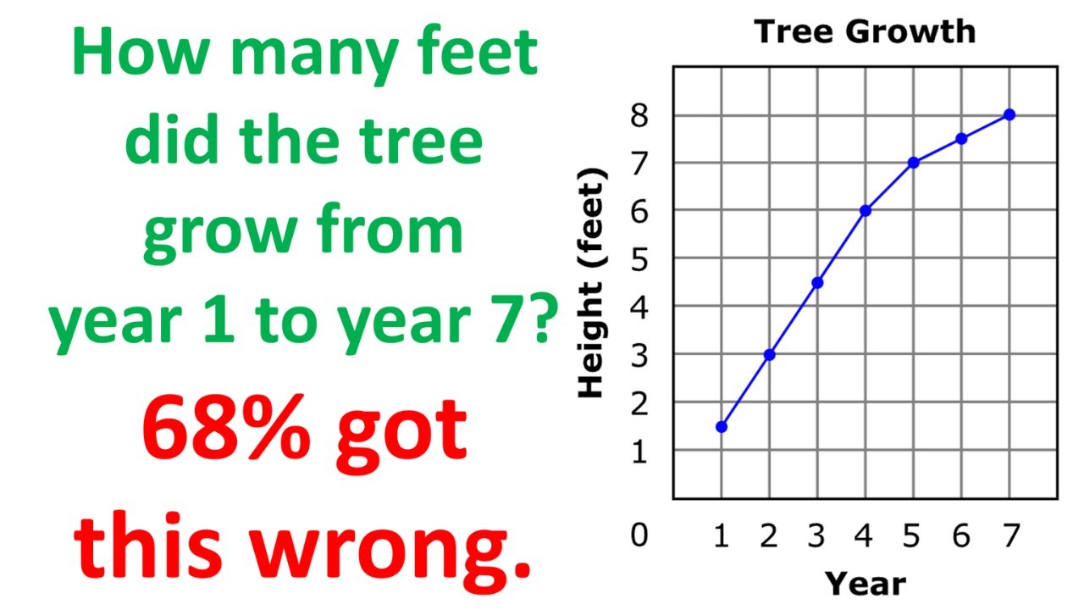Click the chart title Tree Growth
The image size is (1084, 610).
(x=865, y=32)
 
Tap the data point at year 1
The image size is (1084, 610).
(x=722, y=427)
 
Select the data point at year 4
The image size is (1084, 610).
(x=866, y=211)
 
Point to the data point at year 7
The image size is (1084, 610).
(x=1009, y=114)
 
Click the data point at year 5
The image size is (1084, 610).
(x=913, y=163)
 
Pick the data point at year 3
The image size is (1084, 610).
(x=817, y=283)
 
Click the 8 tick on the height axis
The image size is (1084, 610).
(x=639, y=115)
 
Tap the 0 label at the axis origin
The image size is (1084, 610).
(x=639, y=535)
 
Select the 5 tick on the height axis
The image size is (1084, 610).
(x=639, y=259)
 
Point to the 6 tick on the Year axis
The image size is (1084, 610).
(x=961, y=536)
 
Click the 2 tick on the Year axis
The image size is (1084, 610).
(x=769, y=536)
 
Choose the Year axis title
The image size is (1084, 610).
(x=865, y=583)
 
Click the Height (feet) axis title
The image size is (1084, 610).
(x=592, y=283)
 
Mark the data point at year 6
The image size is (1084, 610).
(x=961, y=139)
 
